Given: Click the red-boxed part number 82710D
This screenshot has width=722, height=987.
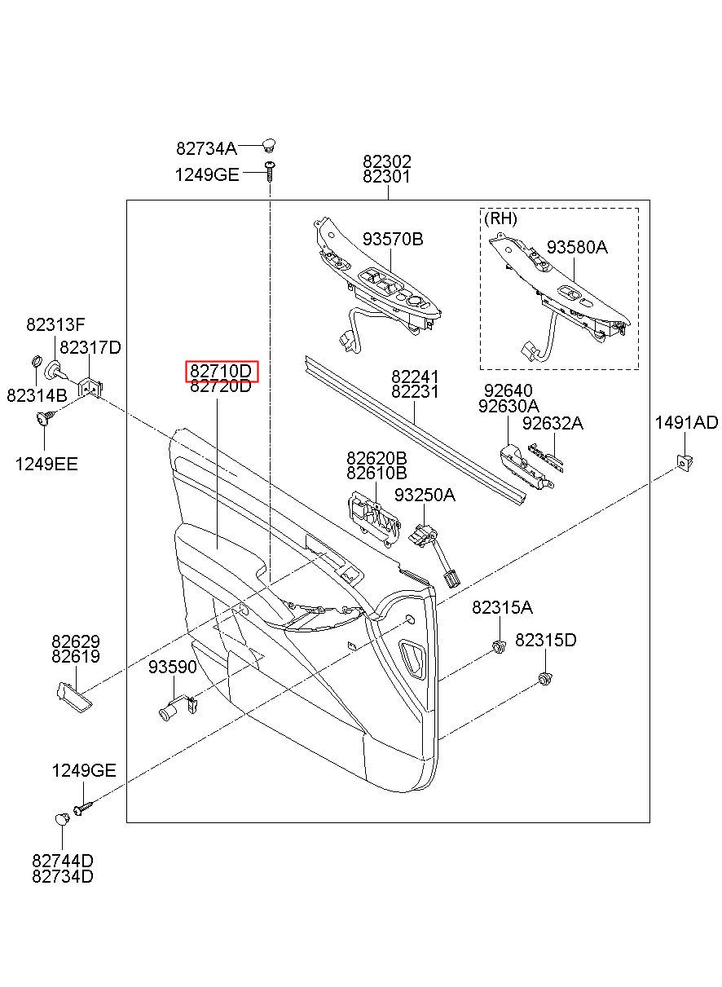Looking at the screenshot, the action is click(221, 372).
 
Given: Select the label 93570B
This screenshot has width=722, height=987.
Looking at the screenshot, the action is click(393, 240).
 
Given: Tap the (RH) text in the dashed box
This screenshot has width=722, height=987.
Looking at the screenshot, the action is click(500, 218).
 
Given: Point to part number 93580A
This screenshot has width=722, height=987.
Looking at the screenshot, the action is click(577, 248).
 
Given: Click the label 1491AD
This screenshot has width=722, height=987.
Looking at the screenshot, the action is click(686, 422).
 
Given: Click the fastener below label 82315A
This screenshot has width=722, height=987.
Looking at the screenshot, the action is click(499, 646).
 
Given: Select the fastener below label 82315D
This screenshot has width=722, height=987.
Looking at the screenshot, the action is click(545, 680).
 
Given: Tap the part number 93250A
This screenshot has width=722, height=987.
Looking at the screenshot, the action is click(425, 495).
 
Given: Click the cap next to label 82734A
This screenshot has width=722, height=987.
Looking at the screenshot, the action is click(268, 144).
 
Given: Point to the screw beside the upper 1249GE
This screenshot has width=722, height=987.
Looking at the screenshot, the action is click(270, 171).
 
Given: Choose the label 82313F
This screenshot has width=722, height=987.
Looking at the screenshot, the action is click(55, 324).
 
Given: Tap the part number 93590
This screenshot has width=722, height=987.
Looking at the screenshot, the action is click(172, 667).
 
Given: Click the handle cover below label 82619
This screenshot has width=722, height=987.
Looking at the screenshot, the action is click(74, 697).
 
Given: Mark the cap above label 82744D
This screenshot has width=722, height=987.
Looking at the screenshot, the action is click(62, 819).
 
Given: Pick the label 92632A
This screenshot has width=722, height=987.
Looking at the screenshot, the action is click(553, 424).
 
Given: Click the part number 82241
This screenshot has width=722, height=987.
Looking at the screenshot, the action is click(415, 377).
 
